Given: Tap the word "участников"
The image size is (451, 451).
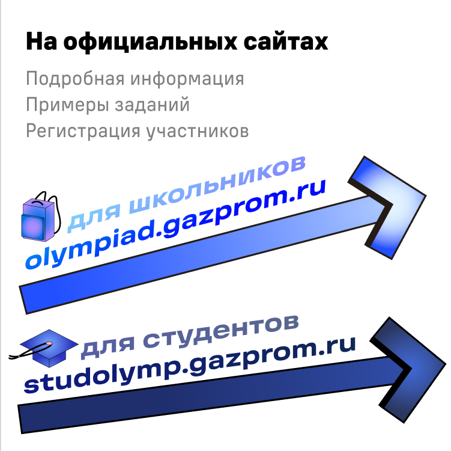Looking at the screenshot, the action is [198, 131].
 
